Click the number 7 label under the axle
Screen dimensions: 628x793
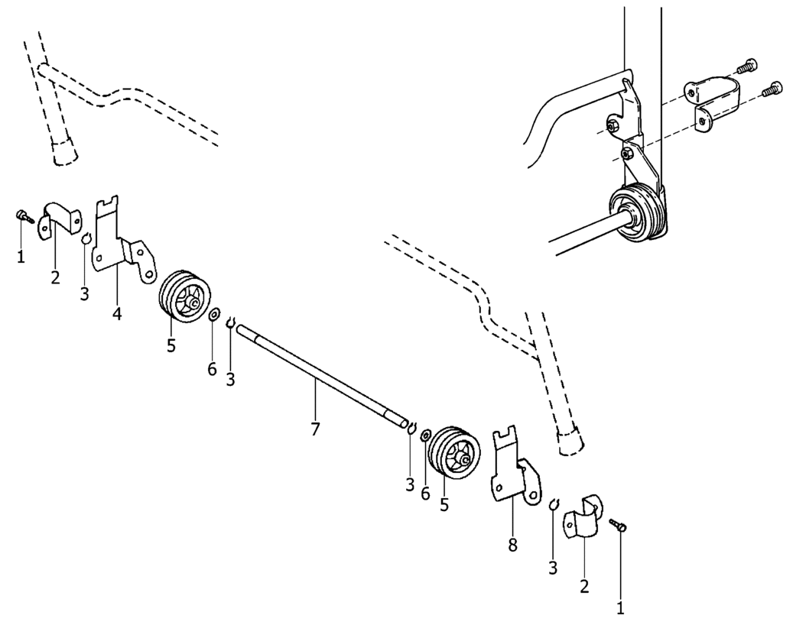click(x=315, y=429)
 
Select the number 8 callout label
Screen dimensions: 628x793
click(x=512, y=545)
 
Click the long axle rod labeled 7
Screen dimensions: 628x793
click(x=321, y=374)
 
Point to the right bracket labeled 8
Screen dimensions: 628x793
click(x=515, y=474)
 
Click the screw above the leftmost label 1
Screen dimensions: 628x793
click(x=24, y=216)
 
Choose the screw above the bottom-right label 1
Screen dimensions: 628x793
click(x=619, y=525)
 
